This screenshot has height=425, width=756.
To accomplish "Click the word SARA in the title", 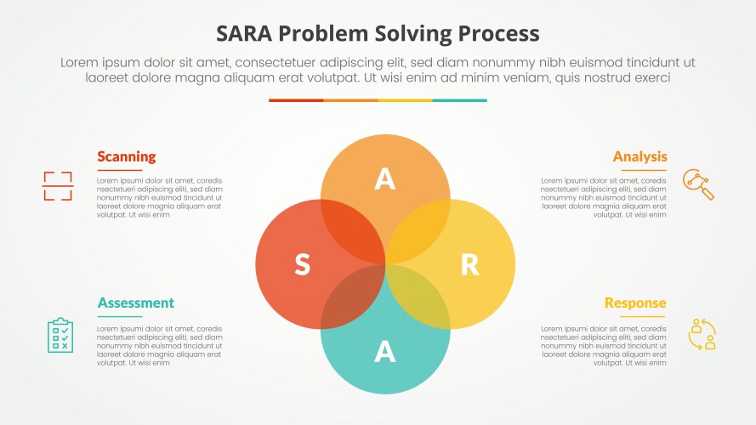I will coord(247,33).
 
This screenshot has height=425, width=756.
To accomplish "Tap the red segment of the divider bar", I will coord(296,100).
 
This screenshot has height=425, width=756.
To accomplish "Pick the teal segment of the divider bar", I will coord(459,100).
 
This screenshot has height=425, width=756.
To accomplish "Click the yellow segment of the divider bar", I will coord(405,100).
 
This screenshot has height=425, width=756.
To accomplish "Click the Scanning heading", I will coord(126,156).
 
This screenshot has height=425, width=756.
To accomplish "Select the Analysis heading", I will coord(639,156).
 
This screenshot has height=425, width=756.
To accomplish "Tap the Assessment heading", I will coord(135,303).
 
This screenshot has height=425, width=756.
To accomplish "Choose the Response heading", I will coord(635,303).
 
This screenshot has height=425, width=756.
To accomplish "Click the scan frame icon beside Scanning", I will coord(58,185).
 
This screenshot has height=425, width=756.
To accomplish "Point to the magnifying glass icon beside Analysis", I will coord(698,184).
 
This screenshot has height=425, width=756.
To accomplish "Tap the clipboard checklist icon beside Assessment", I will coord(60,334).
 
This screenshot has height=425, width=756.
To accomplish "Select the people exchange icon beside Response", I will coord(702,333).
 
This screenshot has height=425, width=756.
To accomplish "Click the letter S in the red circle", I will coord(302,265).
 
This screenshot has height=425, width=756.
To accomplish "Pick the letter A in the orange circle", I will coord(385,179).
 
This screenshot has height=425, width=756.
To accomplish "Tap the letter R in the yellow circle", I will coord(469,265).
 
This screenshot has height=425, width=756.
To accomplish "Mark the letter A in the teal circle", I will coord(385,350).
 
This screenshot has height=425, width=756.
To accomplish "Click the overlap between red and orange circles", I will coord(350,230).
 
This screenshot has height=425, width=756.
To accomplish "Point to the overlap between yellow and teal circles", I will coord(420,301).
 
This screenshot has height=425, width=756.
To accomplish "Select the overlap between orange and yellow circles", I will coord(420,230).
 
